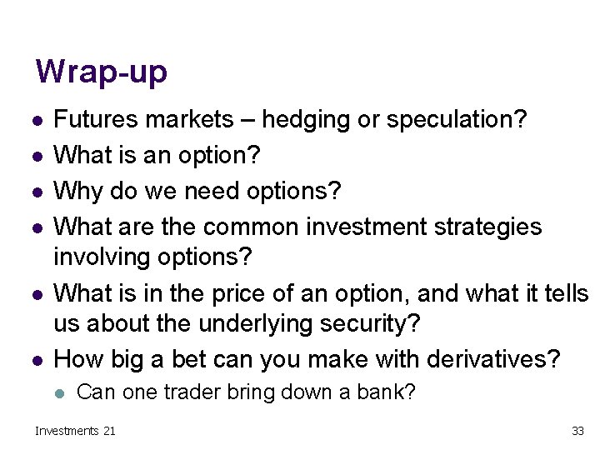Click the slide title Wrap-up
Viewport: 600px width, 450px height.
coord(101,72)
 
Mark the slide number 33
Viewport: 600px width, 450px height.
coord(577,431)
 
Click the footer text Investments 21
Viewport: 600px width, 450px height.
coord(75,431)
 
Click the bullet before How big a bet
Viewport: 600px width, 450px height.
coord(35,360)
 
